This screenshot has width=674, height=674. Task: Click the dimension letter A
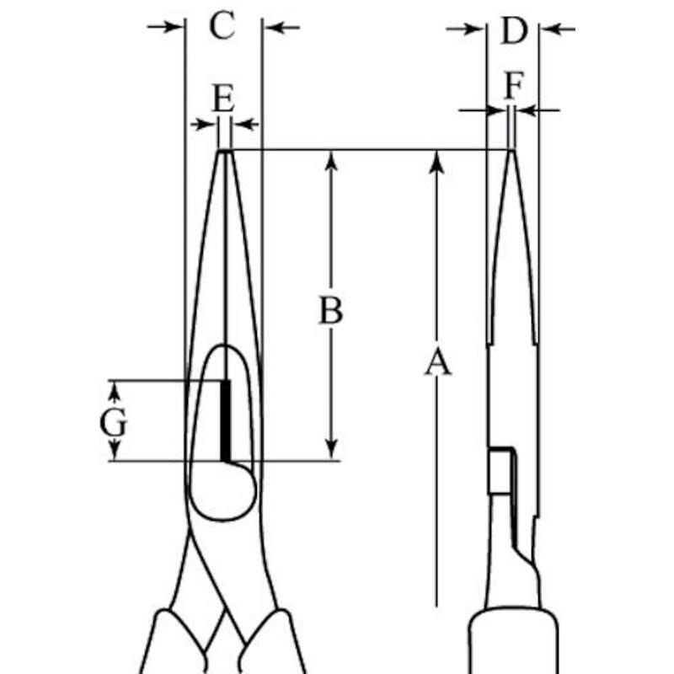point(437,362)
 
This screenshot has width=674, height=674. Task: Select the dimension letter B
point(331,309)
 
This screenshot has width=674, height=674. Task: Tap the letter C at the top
point(222,25)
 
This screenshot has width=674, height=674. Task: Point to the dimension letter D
point(514,30)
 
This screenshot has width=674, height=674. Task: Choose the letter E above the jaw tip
point(224,98)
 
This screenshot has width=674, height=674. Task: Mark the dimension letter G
point(113,422)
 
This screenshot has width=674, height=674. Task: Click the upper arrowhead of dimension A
point(436,163)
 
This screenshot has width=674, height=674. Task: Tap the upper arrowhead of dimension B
point(331,161)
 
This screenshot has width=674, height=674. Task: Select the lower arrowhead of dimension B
point(331,450)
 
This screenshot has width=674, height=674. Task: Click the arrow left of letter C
point(166,27)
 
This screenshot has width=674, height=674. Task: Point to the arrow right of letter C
point(281,28)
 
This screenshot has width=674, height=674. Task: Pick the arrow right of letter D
point(558,29)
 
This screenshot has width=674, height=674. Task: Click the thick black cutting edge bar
point(226,420)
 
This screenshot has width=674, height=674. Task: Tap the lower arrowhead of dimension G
point(114,451)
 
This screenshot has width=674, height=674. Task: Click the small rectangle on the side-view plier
point(500,471)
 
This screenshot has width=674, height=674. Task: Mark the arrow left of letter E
point(204,125)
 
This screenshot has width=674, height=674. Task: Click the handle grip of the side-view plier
point(513,641)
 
